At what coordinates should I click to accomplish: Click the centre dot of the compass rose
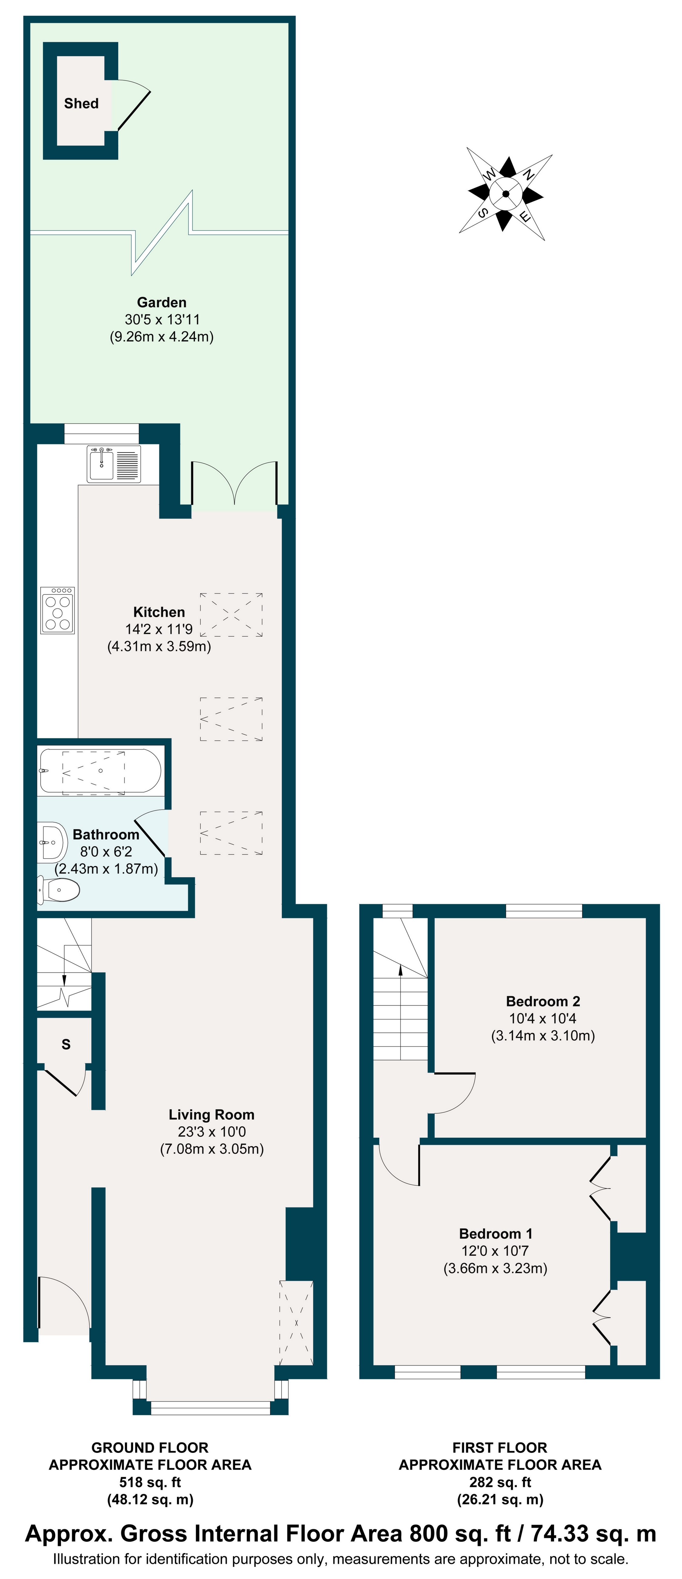click(506, 194)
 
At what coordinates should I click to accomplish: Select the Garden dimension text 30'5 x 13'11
click(162, 319)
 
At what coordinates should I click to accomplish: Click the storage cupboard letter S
click(66, 1045)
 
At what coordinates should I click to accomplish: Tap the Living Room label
click(211, 1114)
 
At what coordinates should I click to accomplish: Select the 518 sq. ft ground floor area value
click(150, 1482)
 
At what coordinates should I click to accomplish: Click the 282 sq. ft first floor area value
click(500, 1482)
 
